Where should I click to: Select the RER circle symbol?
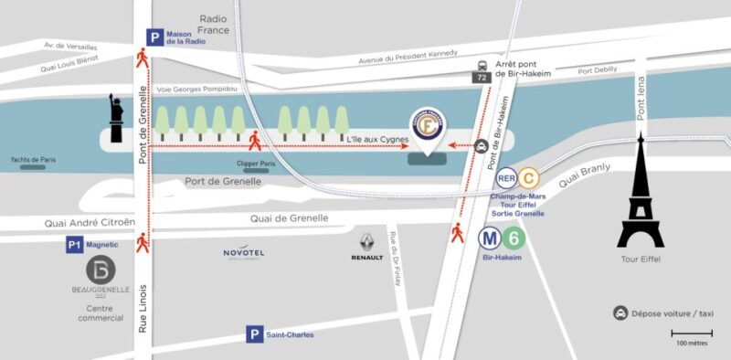506,179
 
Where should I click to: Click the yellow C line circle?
530,179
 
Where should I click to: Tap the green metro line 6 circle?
514,238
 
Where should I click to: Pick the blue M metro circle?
490,238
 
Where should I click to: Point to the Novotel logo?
243,253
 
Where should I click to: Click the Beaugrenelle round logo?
101,270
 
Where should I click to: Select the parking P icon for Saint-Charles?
254,335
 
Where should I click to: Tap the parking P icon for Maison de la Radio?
156,38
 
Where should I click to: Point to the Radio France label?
213,24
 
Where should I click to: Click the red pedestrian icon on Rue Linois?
143,242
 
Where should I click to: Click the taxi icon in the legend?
620,312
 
